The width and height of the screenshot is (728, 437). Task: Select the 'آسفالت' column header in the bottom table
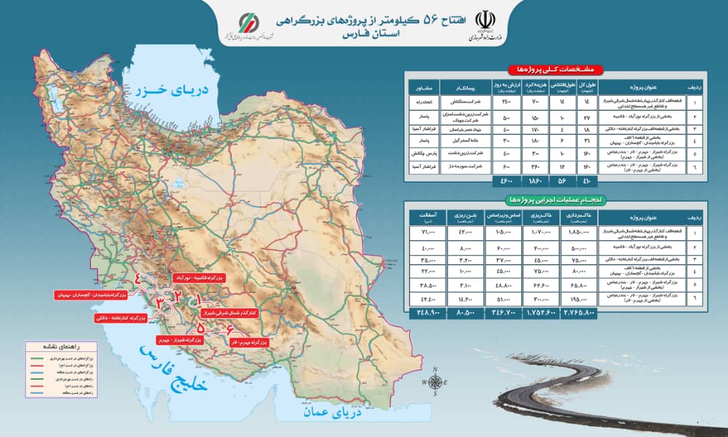point(429,217)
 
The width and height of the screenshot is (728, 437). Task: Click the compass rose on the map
point(435,383)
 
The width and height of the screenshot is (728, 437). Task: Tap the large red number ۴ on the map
point(140,280)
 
